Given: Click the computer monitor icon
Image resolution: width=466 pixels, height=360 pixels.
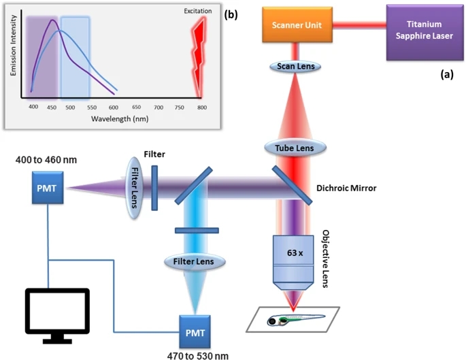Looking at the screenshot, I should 56,314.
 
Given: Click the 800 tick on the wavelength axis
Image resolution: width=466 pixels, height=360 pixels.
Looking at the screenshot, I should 201,108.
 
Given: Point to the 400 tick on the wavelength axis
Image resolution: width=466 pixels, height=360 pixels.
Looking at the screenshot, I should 31,108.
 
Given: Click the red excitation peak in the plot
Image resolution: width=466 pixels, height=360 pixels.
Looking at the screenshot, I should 200,54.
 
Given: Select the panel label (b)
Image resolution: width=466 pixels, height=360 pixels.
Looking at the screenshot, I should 232,14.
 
